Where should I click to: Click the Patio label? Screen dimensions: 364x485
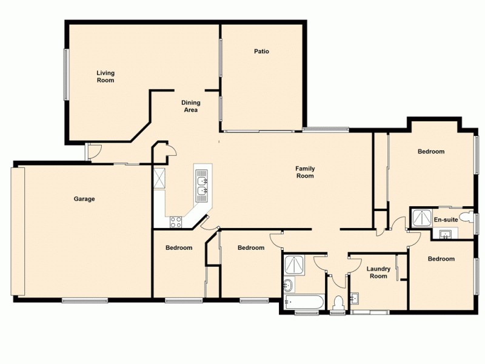[261, 52]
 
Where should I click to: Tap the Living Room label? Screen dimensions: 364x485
[105, 76]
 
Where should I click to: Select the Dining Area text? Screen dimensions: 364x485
[190, 106]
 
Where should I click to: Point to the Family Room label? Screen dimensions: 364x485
[304, 172]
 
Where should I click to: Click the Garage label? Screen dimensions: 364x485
[84, 199]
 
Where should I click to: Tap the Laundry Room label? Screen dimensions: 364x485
[378, 272]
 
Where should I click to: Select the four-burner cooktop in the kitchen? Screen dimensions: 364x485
[176, 222]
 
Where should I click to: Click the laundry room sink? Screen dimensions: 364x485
[355, 298]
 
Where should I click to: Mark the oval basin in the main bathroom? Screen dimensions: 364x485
[289, 285]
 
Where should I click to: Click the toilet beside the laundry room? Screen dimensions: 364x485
[338, 302]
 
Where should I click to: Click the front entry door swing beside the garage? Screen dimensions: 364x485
[93, 152]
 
